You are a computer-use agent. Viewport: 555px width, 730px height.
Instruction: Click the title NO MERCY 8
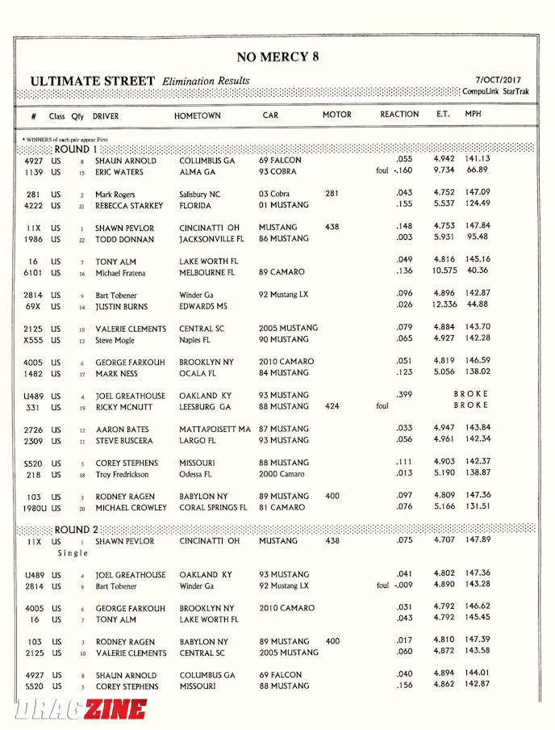pyautogui.click(x=277, y=57)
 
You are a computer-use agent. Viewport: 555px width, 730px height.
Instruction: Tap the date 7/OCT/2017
pyautogui.click(x=499, y=80)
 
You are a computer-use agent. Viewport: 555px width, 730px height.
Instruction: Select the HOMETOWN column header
pyautogui.click(x=197, y=115)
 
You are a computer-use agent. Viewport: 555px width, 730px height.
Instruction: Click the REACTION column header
pyautogui.click(x=399, y=115)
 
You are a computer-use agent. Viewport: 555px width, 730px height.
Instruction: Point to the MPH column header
pyautogui.click(x=473, y=115)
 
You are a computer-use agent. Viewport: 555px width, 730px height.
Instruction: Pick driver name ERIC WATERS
pyautogui.click(x=119, y=172)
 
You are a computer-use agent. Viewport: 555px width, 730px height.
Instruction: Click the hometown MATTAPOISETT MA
pyautogui.click(x=215, y=430)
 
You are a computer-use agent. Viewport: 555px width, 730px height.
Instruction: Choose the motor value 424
pyautogui.click(x=332, y=407)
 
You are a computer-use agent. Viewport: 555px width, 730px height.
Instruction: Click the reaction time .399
pyautogui.click(x=404, y=395)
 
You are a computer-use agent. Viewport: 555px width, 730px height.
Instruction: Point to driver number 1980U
pyautogui.click(x=37, y=508)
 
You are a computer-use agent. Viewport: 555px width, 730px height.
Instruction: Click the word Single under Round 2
pyautogui.click(x=73, y=553)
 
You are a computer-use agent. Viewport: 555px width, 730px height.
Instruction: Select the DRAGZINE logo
pyautogui.click(x=81, y=709)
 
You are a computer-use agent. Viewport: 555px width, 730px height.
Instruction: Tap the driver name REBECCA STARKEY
pyautogui.click(x=129, y=206)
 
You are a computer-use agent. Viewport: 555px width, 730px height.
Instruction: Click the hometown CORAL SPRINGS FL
pyautogui.click(x=213, y=508)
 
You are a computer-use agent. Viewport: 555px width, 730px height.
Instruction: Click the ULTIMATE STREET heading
pyautogui.click(x=92, y=81)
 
